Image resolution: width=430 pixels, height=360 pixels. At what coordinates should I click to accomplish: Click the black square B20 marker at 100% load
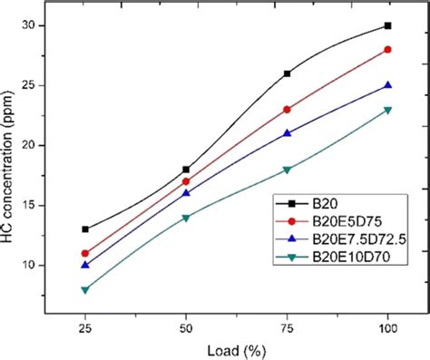pyautogui.click(x=388, y=25)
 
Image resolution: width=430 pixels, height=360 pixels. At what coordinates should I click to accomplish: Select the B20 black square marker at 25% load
pyautogui.click(x=85, y=229)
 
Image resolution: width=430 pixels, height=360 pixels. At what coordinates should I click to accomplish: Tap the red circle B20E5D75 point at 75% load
pyautogui.click(x=288, y=109)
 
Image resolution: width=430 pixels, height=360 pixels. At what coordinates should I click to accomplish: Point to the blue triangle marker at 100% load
pyautogui.click(x=388, y=85)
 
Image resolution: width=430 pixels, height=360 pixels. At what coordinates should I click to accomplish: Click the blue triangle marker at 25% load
pyautogui.click(x=85, y=265)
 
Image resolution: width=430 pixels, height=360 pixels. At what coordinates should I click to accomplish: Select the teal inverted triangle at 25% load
pyautogui.click(x=85, y=290)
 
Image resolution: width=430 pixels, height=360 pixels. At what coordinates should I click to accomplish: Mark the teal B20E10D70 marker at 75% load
pyautogui.click(x=288, y=170)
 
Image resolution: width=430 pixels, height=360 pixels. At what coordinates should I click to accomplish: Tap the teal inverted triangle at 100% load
pyautogui.click(x=388, y=110)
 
